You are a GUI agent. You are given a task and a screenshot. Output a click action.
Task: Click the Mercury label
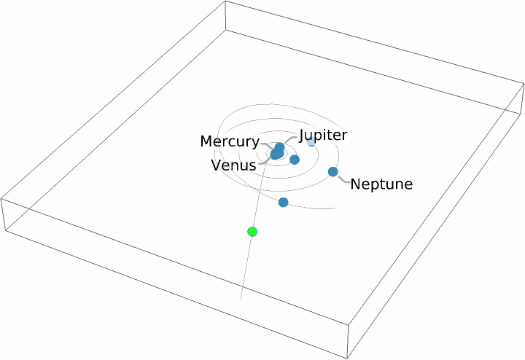click(x=229, y=141)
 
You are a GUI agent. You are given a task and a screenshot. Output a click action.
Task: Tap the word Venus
click(x=233, y=165)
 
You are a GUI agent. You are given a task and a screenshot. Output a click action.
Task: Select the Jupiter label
click(x=323, y=135)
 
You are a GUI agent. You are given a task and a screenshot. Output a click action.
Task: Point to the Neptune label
click(x=381, y=184)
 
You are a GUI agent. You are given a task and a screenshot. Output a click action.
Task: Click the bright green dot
click(x=252, y=232)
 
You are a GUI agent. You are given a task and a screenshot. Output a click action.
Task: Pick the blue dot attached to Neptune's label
click(x=333, y=172)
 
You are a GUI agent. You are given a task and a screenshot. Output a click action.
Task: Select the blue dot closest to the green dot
click(x=283, y=202)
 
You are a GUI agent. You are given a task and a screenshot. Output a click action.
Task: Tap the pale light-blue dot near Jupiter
click(x=311, y=141)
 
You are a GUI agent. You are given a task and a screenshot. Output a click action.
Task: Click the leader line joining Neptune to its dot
click(x=343, y=177)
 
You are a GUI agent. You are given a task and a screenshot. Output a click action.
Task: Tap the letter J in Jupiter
click(x=302, y=136)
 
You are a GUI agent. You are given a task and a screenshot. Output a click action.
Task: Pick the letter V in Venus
click(x=216, y=165)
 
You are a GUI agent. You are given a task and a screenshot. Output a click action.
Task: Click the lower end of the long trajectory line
click(x=241, y=299)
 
